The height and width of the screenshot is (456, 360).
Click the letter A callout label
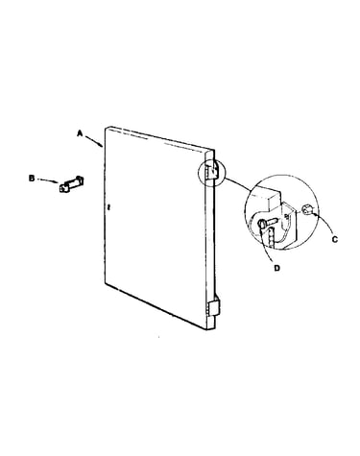click(80, 133)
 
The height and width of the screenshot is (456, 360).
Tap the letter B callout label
click(32, 178)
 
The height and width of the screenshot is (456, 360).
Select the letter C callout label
click(335, 239)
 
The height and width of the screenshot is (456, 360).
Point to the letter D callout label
click(276, 268)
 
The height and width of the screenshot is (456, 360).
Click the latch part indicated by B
click(72, 184)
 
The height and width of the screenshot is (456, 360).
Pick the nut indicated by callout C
click(306, 210)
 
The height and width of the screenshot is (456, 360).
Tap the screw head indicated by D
click(262, 224)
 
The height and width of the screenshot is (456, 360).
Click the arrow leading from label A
click(94, 141)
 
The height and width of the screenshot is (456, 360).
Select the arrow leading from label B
click(49, 181)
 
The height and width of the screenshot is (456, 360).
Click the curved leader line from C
click(326, 223)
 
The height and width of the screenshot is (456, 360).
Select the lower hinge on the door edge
click(213, 308)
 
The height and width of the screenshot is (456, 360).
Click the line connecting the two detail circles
click(238, 185)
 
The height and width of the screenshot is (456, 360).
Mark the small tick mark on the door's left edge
click(108, 207)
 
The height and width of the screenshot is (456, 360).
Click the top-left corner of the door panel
click(106, 127)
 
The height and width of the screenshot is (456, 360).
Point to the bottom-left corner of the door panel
click(106, 284)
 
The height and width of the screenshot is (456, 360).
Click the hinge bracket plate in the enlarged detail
click(290, 224)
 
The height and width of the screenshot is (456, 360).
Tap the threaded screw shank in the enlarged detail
click(272, 222)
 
